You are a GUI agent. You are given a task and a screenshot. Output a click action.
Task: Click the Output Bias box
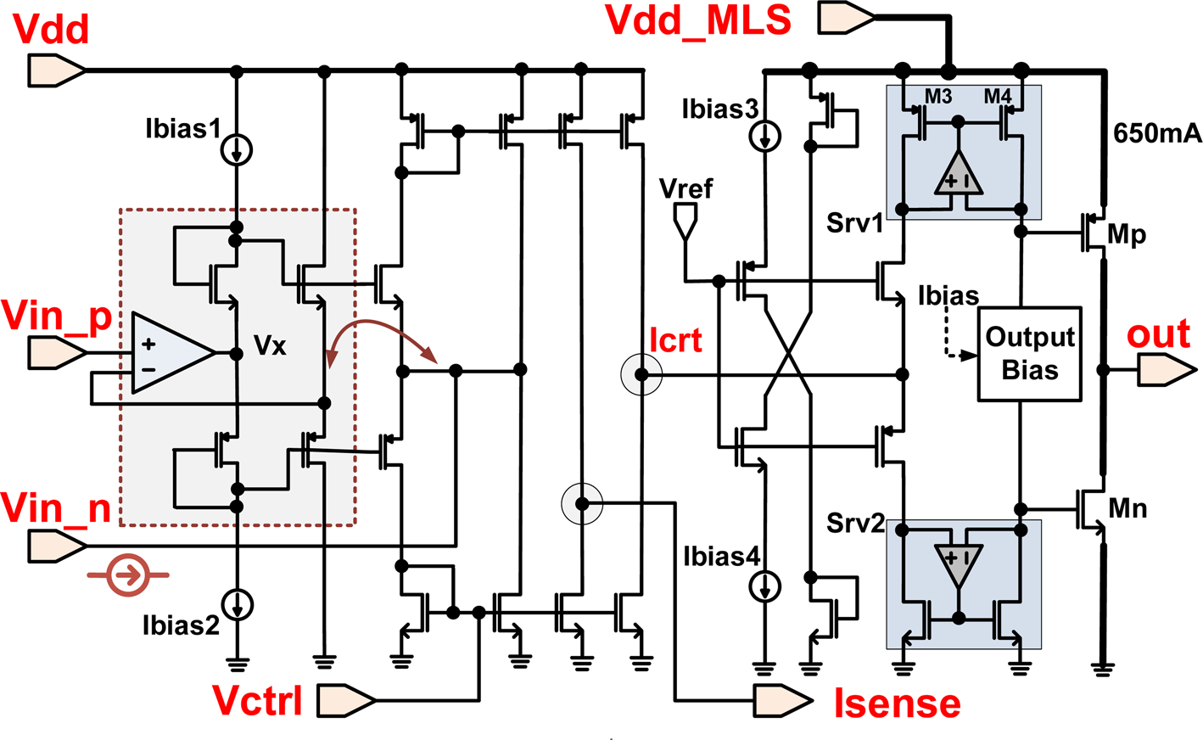click(1030, 353)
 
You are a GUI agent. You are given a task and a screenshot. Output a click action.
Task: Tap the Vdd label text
click(52, 30)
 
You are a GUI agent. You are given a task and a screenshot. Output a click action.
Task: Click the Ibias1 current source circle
click(237, 150)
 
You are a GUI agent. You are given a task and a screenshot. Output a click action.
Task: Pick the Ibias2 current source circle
click(237, 604)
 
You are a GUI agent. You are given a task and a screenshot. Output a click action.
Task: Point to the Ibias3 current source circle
click(765, 135)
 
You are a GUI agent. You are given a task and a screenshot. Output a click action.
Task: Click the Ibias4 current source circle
click(765, 586)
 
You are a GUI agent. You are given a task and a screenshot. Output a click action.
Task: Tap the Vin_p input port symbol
click(57, 351)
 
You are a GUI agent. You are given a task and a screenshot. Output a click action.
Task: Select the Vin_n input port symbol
click(57, 546)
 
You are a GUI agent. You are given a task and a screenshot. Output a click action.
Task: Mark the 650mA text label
click(1157, 133)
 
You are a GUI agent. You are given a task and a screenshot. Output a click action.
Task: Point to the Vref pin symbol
click(684, 221)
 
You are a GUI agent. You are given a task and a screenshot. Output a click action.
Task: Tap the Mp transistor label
click(1127, 234)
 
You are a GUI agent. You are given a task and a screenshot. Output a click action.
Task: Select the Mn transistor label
click(1128, 508)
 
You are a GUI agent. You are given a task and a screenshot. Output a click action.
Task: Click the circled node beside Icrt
click(641, 374)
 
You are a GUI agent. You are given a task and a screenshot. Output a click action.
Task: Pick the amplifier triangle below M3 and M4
click(958, 175)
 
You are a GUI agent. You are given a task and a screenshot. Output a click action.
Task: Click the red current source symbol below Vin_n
click(128, 575)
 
